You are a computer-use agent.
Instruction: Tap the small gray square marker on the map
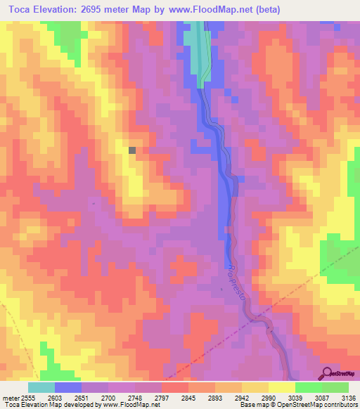(132, 149)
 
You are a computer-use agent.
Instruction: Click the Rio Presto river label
(237, 281)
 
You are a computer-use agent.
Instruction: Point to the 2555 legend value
(25, 398)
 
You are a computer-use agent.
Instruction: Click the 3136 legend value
(347, 398)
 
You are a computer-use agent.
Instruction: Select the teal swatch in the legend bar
(41, 387)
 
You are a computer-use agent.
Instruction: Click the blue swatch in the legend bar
(68, 387)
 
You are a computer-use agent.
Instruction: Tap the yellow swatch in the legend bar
(281, 387)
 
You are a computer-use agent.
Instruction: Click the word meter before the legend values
(8, 398)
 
